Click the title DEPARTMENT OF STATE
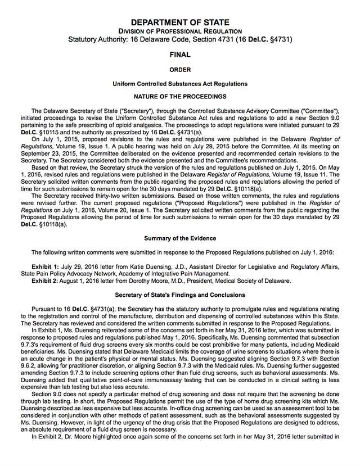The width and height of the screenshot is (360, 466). click(x=180, y=21)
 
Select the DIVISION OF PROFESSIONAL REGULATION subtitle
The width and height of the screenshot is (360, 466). click(x=180, y=30)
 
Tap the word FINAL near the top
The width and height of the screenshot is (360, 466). click(x=180, y=55)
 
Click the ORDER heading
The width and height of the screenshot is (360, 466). click(x=180, y=70)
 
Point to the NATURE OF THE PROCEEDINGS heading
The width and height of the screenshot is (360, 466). click(x=180, y=97)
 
